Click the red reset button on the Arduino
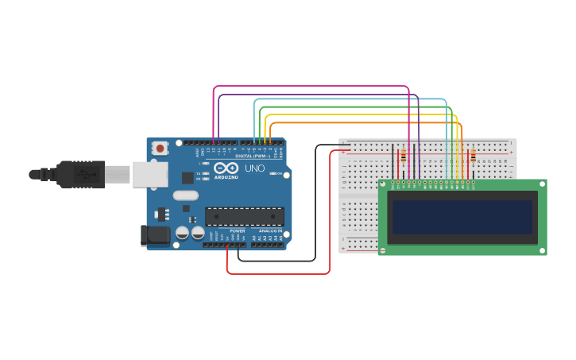coord(160,148)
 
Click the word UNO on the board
coord(255,168)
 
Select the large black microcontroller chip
coord(244,215)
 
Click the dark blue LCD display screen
coord(462,216)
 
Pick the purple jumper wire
coord(318,95)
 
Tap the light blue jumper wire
coord(350,100)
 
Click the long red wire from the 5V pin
coord(278,273)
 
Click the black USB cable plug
coord(79,173)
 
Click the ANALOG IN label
coord(270,230)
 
